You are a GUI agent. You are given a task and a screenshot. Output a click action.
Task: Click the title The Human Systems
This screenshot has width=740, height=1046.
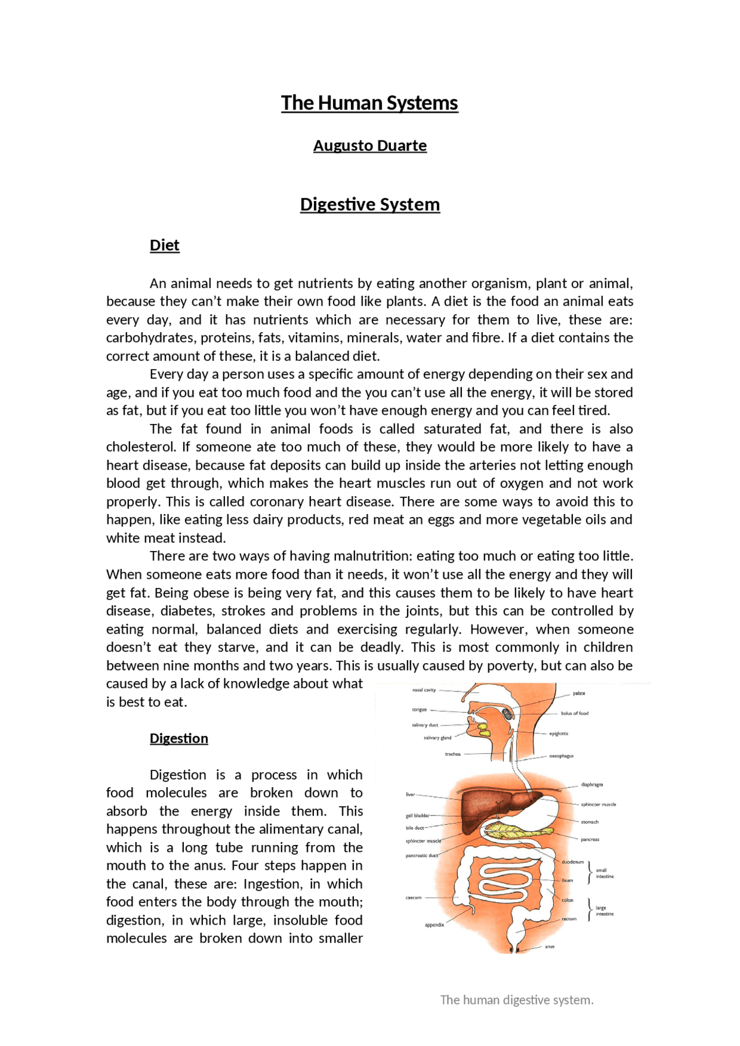point(369,103)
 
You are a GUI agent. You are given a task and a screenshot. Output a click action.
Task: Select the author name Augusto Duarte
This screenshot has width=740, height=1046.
point(369,146)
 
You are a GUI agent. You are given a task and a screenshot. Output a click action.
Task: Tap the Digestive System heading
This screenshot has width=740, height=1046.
point(369,204)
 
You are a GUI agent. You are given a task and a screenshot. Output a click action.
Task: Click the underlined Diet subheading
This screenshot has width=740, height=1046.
point(164,245)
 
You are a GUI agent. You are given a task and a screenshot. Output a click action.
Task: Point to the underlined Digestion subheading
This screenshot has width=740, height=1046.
point(179,739)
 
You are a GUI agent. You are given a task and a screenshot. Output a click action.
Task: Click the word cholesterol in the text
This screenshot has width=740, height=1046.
point(140,447)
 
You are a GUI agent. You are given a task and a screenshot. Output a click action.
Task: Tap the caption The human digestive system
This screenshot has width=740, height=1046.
point(517,1000)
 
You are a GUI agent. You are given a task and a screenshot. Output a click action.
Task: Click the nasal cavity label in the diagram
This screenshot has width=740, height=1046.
point(424,690)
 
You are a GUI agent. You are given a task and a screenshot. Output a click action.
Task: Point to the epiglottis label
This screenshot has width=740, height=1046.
point(558,734)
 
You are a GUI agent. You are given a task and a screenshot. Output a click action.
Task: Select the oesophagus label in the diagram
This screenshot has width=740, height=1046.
point(561,755)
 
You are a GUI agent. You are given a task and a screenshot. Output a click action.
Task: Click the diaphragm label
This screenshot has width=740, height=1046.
point(591,785)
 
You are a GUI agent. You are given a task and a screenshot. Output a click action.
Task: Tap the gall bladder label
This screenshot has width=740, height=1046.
point(417,816)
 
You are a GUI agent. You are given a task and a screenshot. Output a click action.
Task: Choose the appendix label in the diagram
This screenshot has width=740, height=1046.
point(434,925)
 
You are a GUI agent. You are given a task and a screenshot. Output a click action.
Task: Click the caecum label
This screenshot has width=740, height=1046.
point(413,898)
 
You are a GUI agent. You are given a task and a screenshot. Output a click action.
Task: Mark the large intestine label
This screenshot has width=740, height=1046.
point(605,911)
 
